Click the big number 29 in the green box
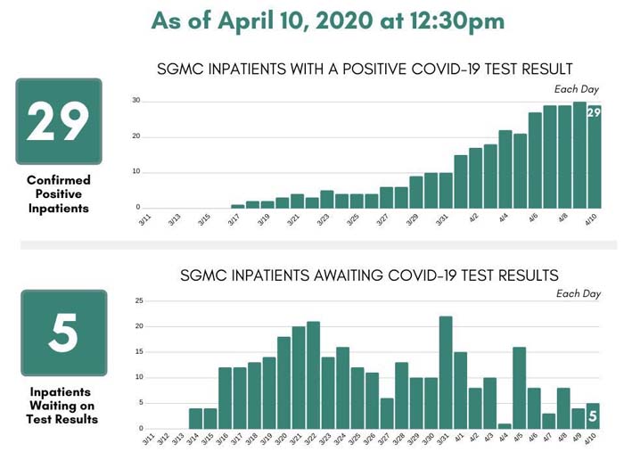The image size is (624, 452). pos(58,122)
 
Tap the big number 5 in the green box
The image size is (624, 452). pos(63,333)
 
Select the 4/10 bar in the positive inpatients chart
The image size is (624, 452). pos(593,156)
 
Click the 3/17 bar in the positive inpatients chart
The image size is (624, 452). pos(237,206)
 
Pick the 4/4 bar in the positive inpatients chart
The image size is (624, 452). pos(505,169)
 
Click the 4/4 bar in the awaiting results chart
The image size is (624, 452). pos(504,426)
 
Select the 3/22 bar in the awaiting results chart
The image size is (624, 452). pos(313,374)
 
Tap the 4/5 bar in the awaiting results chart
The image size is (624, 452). pos(519,388)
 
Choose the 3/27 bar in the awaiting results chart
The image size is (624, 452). pos(387,413)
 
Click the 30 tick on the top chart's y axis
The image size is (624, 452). pos(136,100)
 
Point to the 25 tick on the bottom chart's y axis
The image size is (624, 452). pos(138,300)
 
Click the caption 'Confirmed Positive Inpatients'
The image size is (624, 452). pos(58,193)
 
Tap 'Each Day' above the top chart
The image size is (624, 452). pos(577,89)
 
